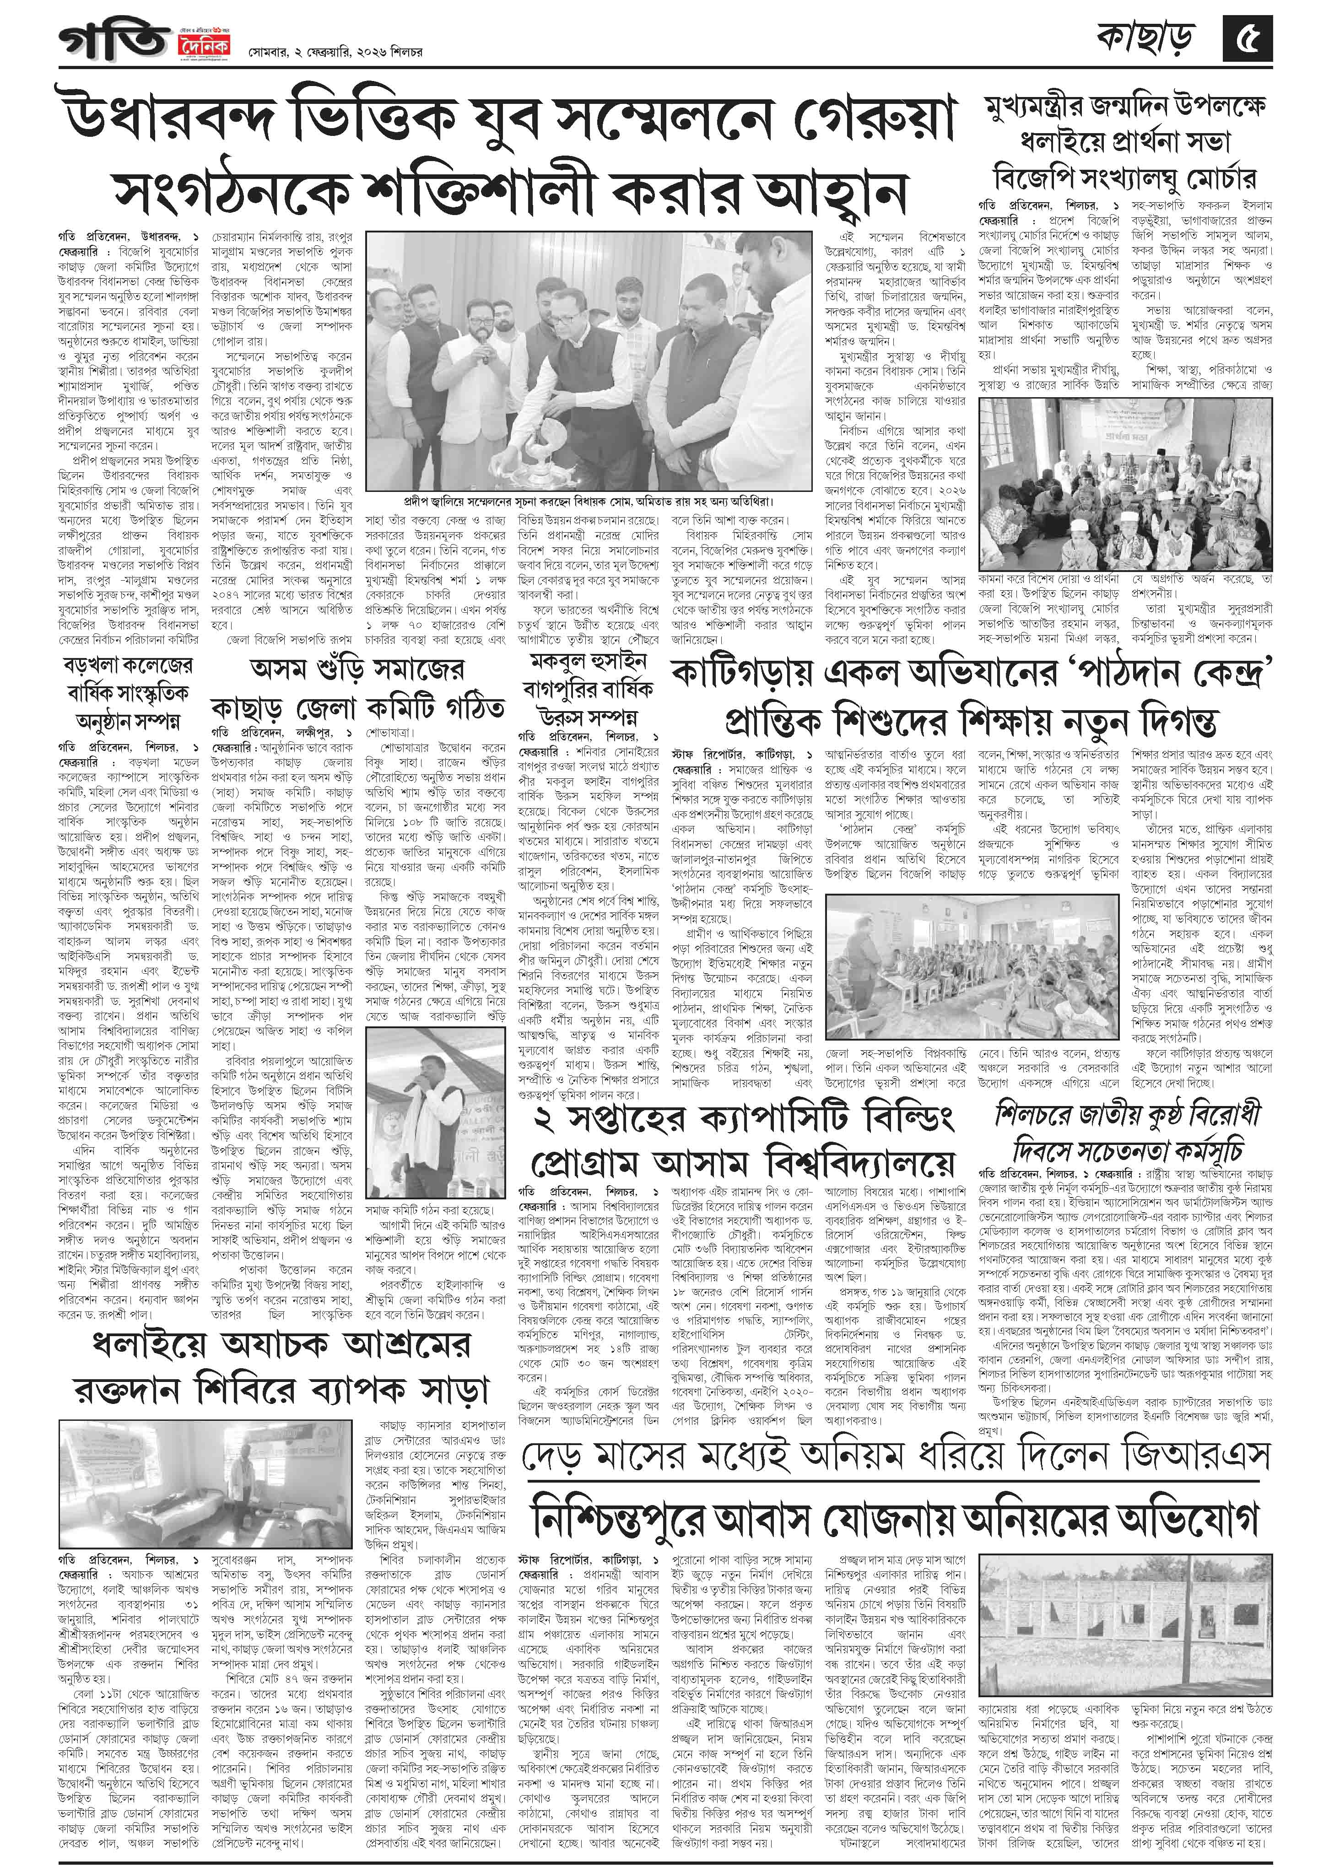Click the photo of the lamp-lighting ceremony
[x=569, y=360]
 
